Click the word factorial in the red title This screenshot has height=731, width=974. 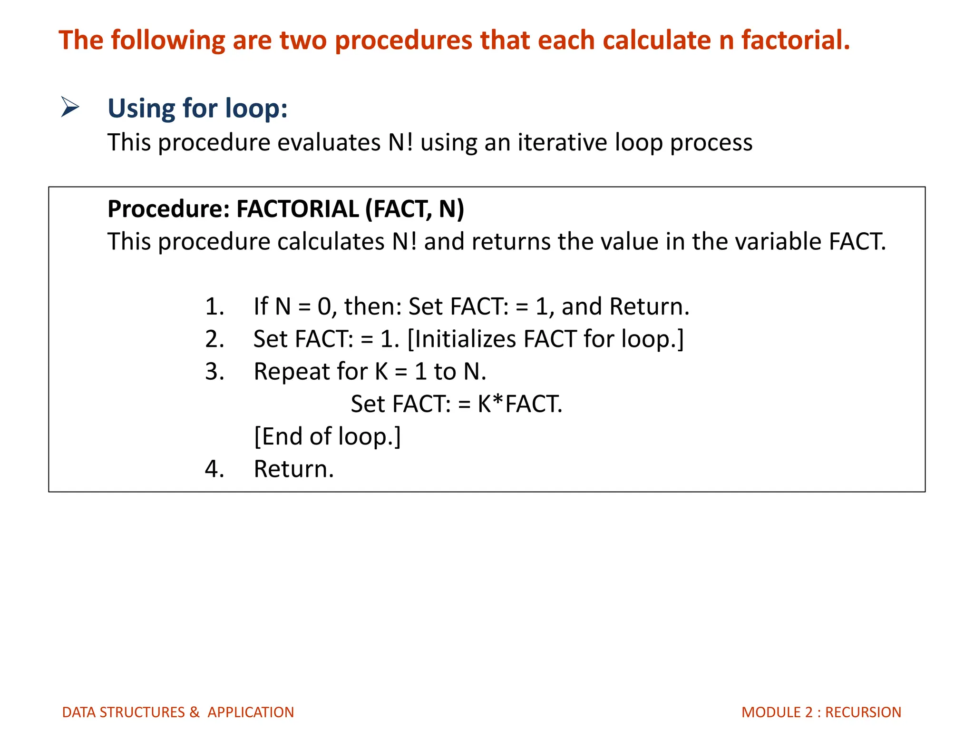(795, 40)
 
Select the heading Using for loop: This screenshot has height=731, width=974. (197, 109)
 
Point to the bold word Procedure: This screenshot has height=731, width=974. (168, 209)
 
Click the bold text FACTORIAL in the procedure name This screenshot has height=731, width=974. (297, 209)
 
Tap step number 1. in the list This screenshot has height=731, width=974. (214, 306)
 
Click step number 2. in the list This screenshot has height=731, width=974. (214, 339)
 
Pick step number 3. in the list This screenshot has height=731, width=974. (214, 372)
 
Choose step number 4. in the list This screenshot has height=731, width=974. (214, 469)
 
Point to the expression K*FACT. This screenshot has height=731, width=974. (519, 404)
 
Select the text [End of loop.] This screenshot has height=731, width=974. (327, 436)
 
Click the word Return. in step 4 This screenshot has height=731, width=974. (293, 469)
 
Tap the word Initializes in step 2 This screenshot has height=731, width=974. (465, 339)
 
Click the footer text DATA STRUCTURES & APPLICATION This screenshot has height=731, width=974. (178, 712)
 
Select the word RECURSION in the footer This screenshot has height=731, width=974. (863, 712)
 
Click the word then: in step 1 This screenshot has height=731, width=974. (373, 306)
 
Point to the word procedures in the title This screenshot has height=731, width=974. (403, 40)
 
